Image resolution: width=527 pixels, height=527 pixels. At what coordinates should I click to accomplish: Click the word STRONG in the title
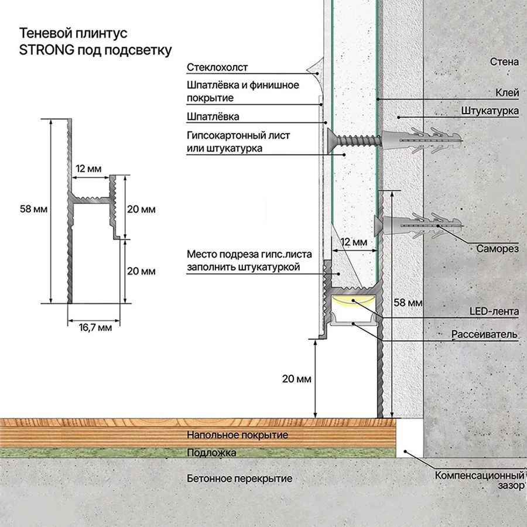point(47,50)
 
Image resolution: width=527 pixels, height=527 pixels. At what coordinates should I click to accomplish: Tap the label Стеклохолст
point(217,67)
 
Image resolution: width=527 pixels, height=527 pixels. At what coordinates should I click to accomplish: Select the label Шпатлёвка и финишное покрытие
point(242,91)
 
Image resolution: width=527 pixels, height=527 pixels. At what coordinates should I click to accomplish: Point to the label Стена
point(504,61)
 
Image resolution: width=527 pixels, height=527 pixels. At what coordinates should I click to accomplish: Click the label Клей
point(507,93)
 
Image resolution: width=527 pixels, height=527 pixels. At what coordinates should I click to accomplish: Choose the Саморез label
point(497,249)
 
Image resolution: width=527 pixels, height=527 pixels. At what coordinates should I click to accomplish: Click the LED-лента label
point(494,312)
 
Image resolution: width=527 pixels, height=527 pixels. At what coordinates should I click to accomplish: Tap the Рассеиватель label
point(484,334)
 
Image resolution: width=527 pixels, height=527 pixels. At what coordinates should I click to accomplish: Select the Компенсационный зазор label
point(479,480)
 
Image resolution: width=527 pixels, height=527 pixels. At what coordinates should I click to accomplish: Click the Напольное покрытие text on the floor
point(237,435)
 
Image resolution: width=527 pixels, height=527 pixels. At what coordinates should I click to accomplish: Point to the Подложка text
point(211,453)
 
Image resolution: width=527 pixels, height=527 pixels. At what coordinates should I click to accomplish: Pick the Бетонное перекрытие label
point(239,478)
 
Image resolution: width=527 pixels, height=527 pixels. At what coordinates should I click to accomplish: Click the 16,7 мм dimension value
point(95,327)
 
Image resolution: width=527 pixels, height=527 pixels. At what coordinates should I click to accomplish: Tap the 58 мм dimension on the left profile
point(33,209)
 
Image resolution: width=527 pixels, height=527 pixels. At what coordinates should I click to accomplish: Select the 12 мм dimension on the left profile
point(88,169)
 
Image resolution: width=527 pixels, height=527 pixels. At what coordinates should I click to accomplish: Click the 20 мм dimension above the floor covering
point(296,379)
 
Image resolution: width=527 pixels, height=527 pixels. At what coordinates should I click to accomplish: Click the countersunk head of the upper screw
point(330,140)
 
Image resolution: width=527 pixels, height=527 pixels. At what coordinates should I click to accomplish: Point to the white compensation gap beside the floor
point(409,437)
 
